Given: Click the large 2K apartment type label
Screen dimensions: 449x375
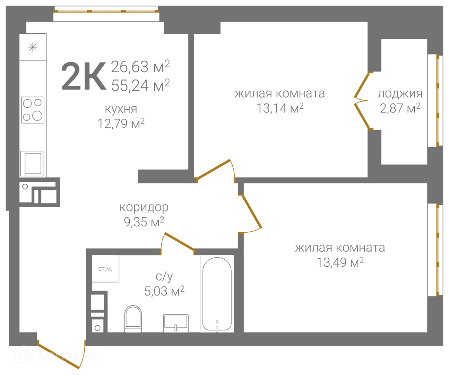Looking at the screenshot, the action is (x=84, y=76).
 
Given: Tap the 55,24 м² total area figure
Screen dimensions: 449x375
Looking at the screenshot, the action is (x=141, y=85).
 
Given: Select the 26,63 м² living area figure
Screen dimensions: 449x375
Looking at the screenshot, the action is (x=140, y=66).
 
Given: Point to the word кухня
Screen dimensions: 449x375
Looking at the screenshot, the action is (x=121, y=109).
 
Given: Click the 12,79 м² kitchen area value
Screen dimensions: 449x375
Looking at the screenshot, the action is (x=121, y=123).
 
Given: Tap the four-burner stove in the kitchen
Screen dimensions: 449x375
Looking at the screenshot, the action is (x=33, y=110).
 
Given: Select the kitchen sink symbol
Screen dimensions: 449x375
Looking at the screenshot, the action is (x=32, y=164).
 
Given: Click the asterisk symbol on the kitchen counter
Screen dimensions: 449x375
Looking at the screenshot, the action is (x=33, y=47).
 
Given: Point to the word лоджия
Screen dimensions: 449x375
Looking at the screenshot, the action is (x=400, y=94).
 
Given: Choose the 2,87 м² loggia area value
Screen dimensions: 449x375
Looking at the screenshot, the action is (x=400, y=108).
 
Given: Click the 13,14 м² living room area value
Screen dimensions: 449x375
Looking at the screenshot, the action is (x=280, y=108).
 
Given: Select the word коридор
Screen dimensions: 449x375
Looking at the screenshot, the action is (x=144, y=207).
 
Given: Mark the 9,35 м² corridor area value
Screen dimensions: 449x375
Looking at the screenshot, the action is (x=144, y=222).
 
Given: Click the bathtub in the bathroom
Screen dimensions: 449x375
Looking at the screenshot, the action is (x=217, y=294).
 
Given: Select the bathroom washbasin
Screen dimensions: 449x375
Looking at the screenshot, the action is (x=176, y=323).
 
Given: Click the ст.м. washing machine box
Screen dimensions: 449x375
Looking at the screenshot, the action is (x=105, y=269).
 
